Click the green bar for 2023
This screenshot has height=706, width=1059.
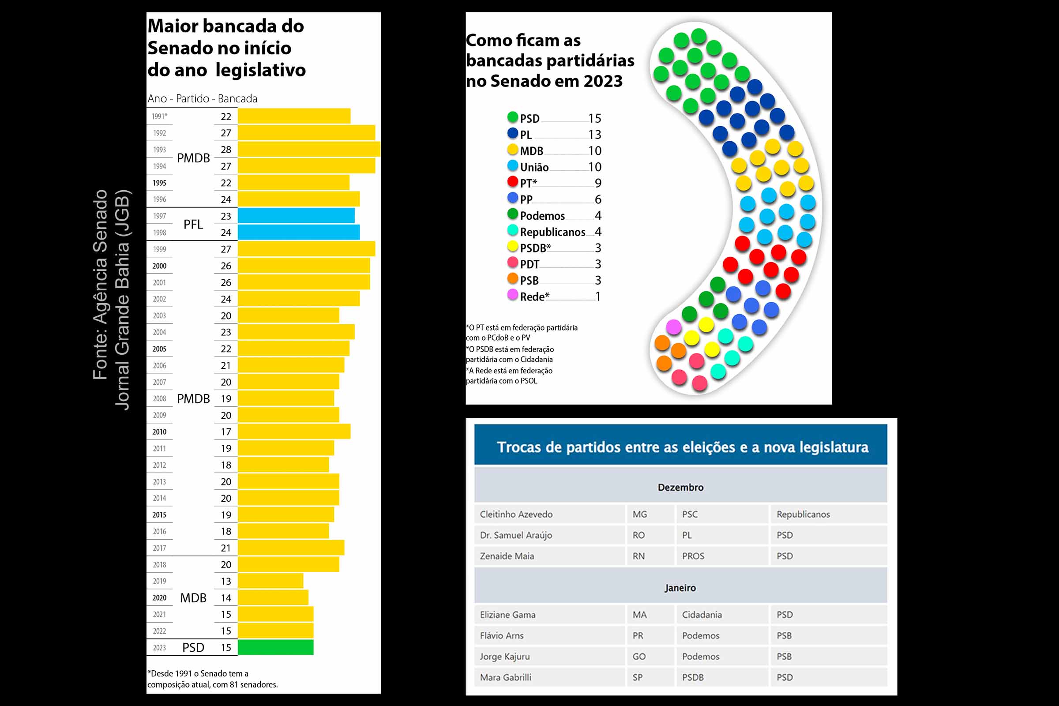tap(275, 647)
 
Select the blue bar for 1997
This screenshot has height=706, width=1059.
tap(296, 216)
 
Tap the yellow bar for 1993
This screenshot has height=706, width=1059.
tap(309, 149)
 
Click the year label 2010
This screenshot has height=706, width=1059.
tap(159, 432)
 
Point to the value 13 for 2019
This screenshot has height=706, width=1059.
tap(226, 581)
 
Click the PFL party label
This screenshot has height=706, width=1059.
tap(193, 224)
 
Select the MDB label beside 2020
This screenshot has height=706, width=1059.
tap(193, 598)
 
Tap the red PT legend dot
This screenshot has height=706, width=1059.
tap(512, 181)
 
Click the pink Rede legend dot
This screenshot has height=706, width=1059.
tap(512, 295)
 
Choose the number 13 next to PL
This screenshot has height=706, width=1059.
tap(595, 135)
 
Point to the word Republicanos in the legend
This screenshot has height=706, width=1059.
tap(552, 232)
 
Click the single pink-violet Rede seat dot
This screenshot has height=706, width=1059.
tap(674, 327)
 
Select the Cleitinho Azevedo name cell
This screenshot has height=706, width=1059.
tap(516, 514)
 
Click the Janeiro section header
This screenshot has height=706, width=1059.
tap(680, 588)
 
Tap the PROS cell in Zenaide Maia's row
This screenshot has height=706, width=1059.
tap(693, 556)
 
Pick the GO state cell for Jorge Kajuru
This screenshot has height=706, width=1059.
tap(639, 657)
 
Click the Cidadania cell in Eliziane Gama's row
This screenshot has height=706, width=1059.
tap(702, 615)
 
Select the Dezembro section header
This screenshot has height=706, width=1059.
tap(680, 487)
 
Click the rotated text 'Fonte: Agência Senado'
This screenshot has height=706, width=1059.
tap(100, 285)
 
